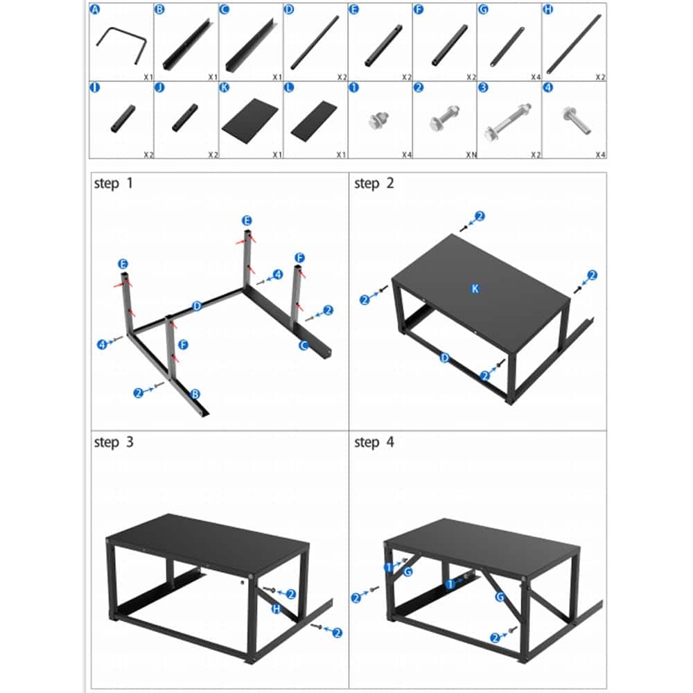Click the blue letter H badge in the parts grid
tap(549, 9)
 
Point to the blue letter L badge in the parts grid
tap(289, 88)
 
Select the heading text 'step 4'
tap(374, 441)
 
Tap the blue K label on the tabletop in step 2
tap(475, 288)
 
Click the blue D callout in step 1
tap(197, 306)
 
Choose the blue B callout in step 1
tap(195, 394)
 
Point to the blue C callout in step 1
tap(303, 345)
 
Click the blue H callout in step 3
tap(277, 608)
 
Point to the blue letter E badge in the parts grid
tap(354, 9)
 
